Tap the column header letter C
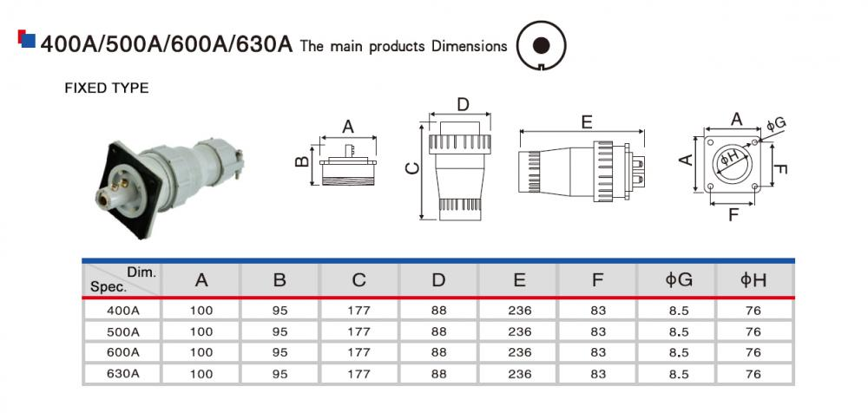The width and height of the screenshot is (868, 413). (358, 280)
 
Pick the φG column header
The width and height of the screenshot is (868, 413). (678, 280)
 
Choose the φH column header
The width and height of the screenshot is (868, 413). (753, 280)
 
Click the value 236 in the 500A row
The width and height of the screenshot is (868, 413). (519, 331)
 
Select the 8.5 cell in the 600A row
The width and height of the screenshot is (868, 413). (678, 352)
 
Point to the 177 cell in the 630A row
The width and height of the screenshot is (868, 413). (358, 374)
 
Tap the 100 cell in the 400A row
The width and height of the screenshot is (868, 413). (201, 309)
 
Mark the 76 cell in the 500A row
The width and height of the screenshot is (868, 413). (753, 331)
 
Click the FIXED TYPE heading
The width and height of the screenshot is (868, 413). (107, 88)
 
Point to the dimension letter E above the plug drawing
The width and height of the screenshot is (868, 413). (587, 123)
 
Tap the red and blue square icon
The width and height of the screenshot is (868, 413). (26, 38)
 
